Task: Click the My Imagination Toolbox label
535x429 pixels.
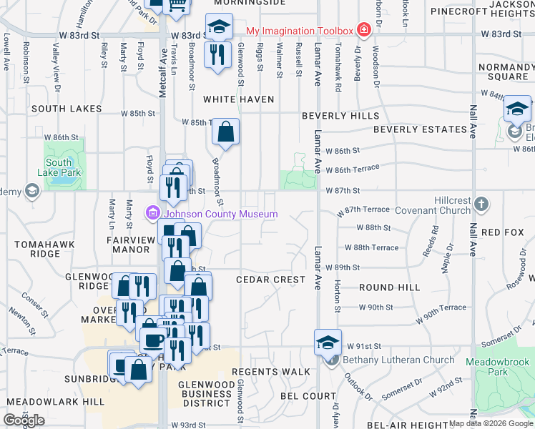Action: (300, 31)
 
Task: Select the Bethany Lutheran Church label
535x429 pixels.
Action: (398, 360)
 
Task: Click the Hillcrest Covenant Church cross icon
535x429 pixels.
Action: (481, 204)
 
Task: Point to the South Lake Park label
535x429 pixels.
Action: (64, 167)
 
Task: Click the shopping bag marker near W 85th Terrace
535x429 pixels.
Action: (225, 131)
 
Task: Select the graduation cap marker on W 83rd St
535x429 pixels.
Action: (220, 28)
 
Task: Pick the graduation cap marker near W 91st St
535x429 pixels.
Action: (328, 341)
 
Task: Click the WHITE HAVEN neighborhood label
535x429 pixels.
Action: (239, 99)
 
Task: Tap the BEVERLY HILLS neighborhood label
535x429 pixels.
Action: (340, 116)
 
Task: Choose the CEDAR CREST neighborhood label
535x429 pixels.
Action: (271, 280)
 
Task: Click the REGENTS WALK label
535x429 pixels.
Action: (271, 372)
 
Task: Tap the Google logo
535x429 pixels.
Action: (24, 420)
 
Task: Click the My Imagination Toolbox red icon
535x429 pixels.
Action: (364, 30)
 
